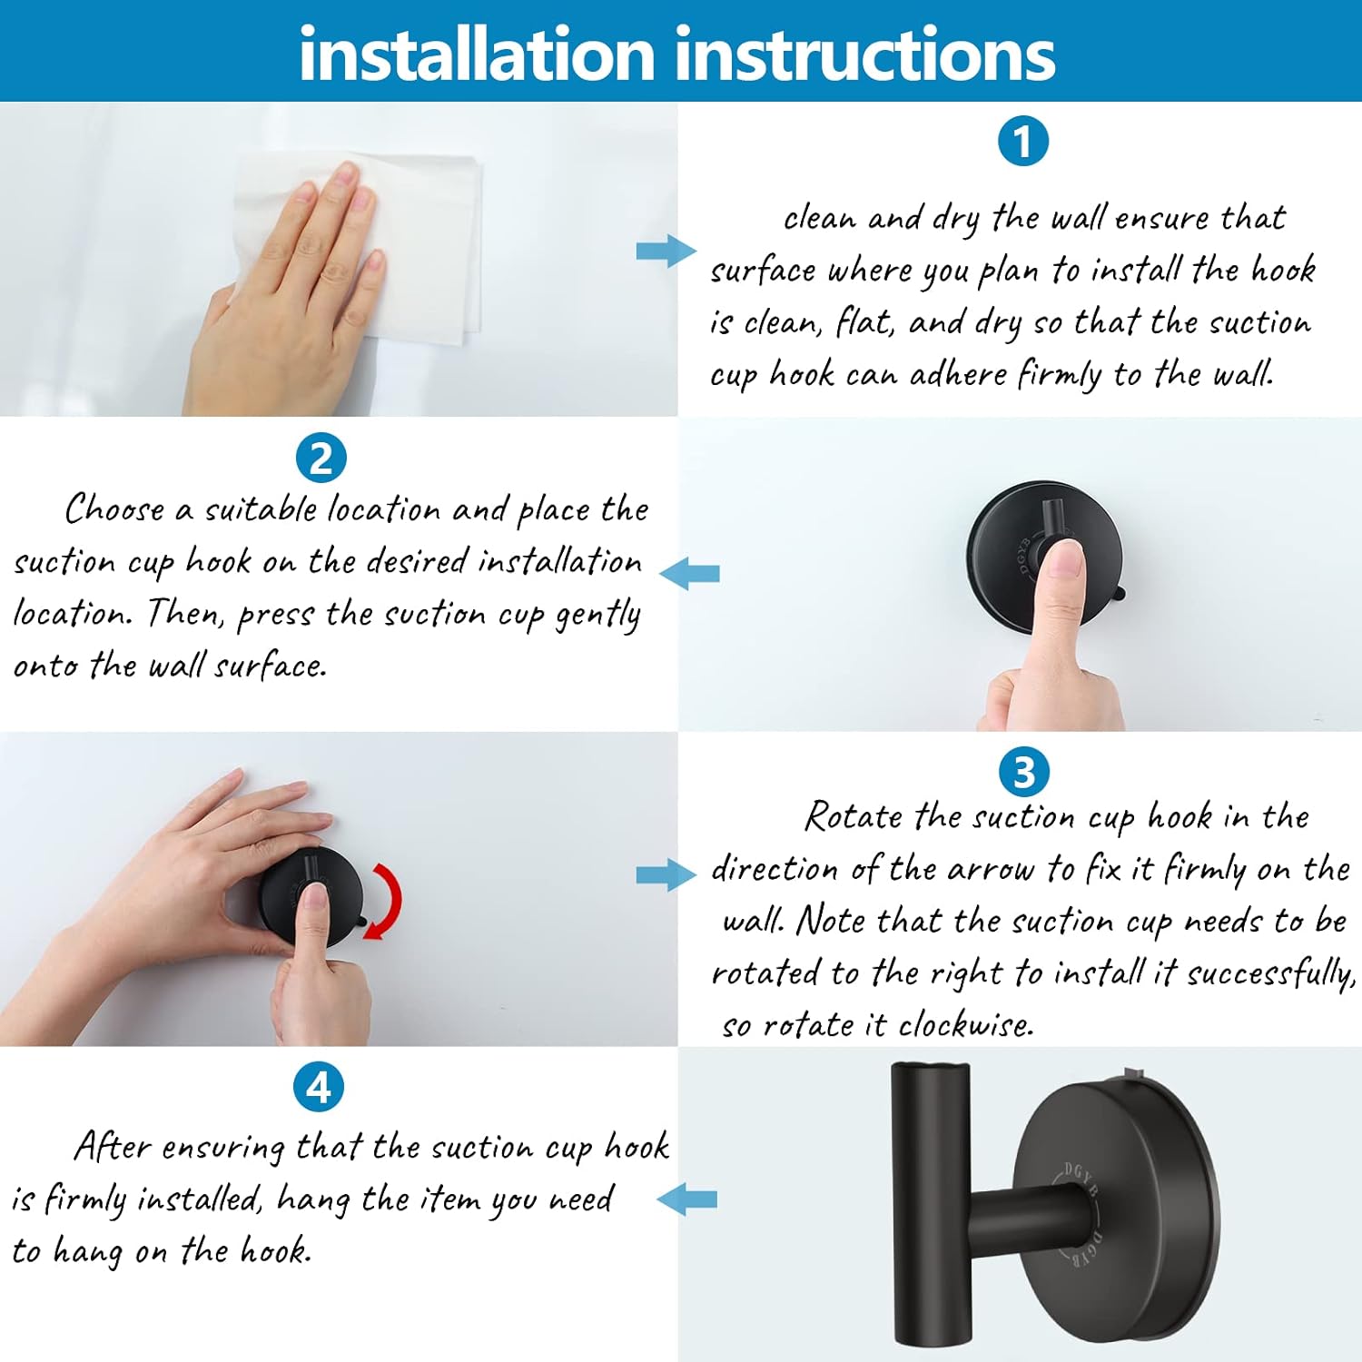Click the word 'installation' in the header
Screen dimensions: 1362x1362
pos(477,54)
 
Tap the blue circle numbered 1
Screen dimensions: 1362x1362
pos(1023,142)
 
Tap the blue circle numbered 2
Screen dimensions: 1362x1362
pos(321,459)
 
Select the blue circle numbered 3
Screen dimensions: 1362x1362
pos(1023,773)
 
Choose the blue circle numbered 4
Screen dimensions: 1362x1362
pos(319,1087)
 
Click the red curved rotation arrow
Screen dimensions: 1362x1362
pos(386,900)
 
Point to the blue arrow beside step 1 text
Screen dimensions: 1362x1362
pos(666,252)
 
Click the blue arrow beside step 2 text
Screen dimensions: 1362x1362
pos(690,574)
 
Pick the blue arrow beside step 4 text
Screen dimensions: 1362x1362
pos(687,1199)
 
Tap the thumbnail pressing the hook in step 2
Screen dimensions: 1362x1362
pos(1064,562)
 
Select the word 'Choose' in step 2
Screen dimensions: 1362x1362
pos(115,509)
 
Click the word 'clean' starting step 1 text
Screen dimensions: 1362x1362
pos(819,219)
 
